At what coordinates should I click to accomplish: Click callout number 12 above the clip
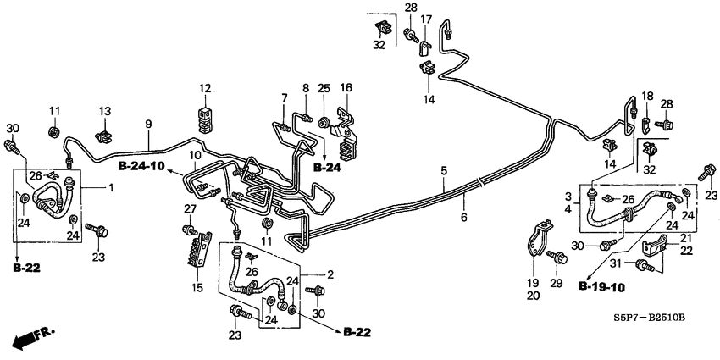(x=204, y=88)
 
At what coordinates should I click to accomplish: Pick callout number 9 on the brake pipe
(x=148, y=125)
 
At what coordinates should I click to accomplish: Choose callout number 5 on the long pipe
(x=442, y=171)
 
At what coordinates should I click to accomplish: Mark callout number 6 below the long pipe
(x=463, y=200)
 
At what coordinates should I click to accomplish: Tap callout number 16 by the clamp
(x=346, y=88)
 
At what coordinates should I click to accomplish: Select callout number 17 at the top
(x=426, y=19)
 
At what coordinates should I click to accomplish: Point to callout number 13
(x=106, y=112)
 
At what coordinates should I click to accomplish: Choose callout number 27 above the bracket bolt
(x=191, y=208)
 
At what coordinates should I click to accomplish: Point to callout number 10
(x=195, y=156)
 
